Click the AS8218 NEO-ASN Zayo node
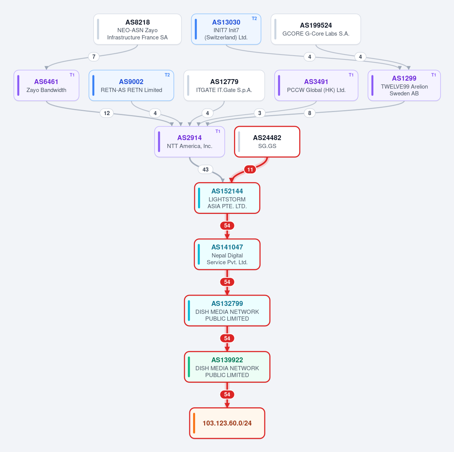click(137, 29)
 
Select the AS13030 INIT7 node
click(226, 29)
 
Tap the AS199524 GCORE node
click(316, 29)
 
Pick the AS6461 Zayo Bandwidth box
click(46, 86)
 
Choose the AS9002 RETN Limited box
click(131, 86)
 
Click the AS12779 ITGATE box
click(224, 86)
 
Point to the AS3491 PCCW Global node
click(316, 86)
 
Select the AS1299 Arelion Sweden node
click(404, 86)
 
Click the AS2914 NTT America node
click(190, 142)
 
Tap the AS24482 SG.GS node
click(267, 142)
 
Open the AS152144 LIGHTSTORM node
click(227, 198)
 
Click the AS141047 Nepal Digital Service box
click(227, 254)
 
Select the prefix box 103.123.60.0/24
click(227, 423)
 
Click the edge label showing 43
click(206, 169)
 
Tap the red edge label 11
click(250, 169)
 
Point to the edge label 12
click(107, 113)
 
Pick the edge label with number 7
click(94, 57)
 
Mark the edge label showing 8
click(310, 113)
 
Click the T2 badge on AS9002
click(167, 75)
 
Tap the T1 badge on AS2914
click(218, 131)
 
